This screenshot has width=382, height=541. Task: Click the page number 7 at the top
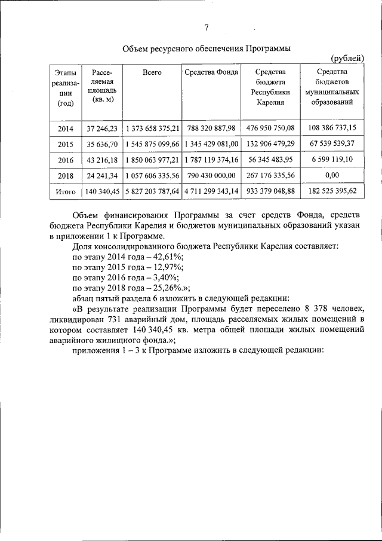pyautogui.click(x=207, y=28)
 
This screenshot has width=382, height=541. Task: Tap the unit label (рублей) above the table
pyautogui.click(x=347, y=58)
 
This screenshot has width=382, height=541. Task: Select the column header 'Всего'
pyautogui.click(x=152, y=72)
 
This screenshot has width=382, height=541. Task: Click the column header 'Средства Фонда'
pyautogui.click(x=211, y=72)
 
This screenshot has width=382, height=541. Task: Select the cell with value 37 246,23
pyautogui.click(x=103, y=129)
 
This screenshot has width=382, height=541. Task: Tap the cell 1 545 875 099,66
pyautogui.click(x=152, y=145)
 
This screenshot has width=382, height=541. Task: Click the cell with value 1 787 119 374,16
pyautogui.click(x=211, y=160)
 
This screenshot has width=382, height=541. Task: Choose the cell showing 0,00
pyautogui.click(x=332, y=176)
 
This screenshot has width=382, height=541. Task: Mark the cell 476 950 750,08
pyautogui.click(x=270, y=128)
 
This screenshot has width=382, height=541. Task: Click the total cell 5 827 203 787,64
pyautogui.click(x=152, y=192)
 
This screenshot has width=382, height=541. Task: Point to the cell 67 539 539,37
pyautogui.click(x=332, y=144)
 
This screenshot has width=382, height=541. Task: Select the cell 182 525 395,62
pyautogui.click(x=332, y=192)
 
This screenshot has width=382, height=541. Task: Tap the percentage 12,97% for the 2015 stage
pyautogui.click(x=166, y=267)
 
